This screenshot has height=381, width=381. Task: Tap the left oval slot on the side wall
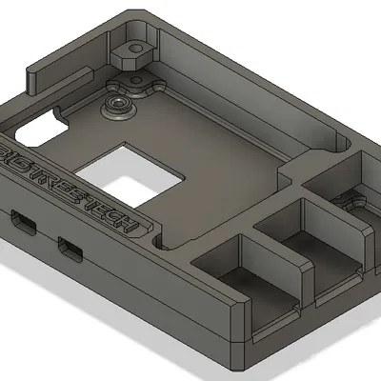(x=24, y=222)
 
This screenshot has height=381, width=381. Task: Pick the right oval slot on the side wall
(x=70, y=250)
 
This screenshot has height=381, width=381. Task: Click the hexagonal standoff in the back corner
(x=131, y=54)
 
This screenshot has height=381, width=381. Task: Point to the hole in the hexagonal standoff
(x=136, y=49)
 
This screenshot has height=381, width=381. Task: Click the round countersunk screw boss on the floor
(x=119, y=107)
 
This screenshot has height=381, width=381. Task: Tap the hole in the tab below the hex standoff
(x=136, y=80)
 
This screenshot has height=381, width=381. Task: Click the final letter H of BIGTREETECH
(x=130, y=225)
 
